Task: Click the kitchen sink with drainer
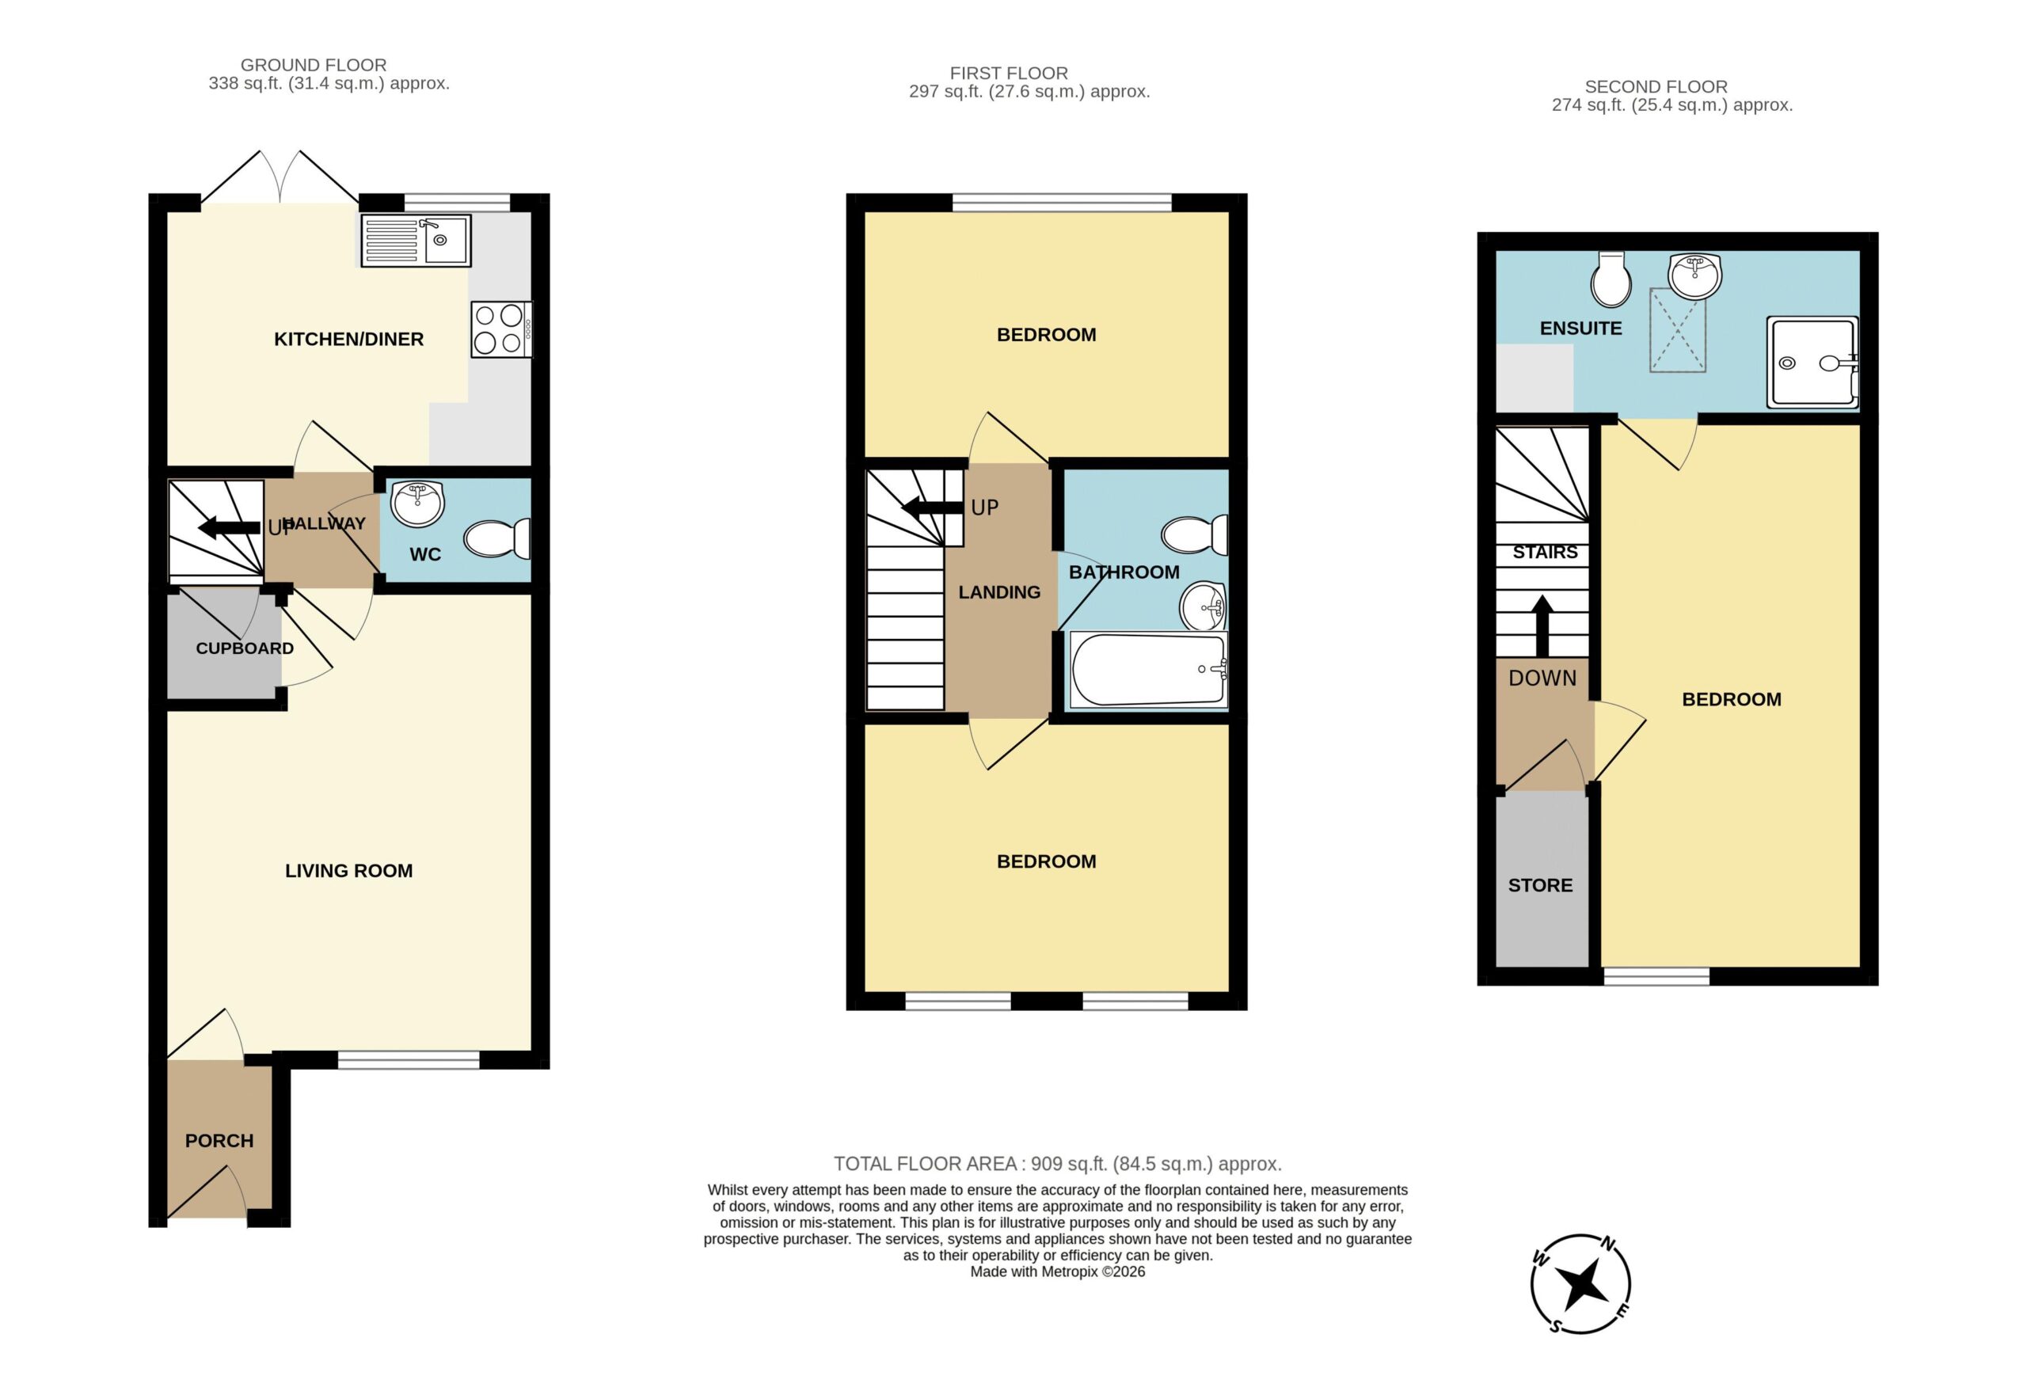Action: tap(416, 241)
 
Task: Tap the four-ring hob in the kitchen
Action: tap(501, 329)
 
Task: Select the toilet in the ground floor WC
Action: tap(497, 539)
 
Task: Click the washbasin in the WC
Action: tap(418, 504)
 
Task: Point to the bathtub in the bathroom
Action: tap(1149, 669)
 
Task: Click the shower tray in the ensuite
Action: tap(1812, 363)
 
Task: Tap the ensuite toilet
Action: tap(1611, 279)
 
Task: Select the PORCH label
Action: tap(219, 1141)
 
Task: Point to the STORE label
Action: tap(1540, 885)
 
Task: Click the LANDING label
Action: tap(999, 592)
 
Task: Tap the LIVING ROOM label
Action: tap(349, 870)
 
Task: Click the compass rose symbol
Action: tap(1580, 1283)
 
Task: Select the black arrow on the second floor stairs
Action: tap(1542, 625)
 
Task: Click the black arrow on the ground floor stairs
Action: tap(230, 527)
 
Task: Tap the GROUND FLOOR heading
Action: tap(313, 65)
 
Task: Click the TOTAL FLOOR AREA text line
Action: tap(1057, 1163)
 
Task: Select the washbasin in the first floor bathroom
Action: tap(1203, 606)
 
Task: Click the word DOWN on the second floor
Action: tap(1542, 678)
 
